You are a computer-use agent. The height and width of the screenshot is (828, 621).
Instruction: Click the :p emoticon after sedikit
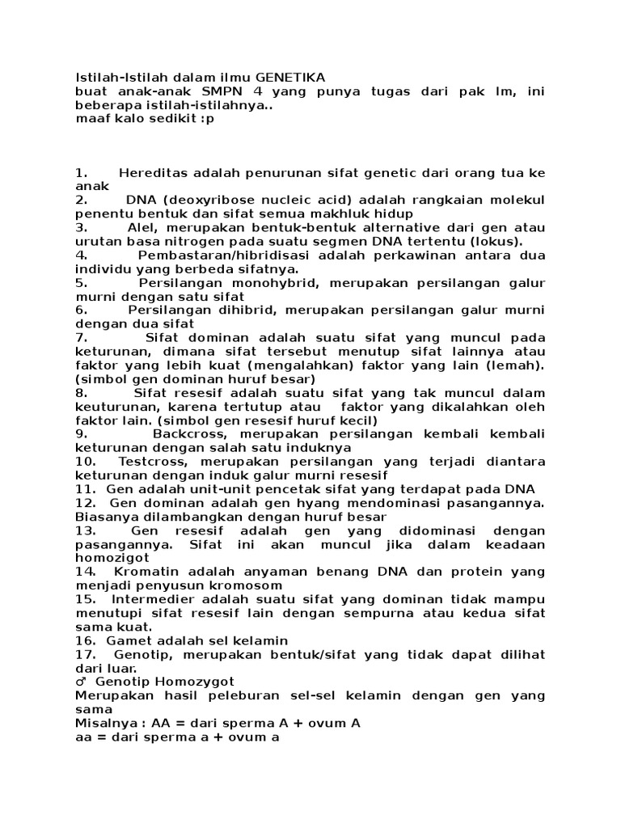point(207,118)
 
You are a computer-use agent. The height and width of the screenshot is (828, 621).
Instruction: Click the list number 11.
point(86,490)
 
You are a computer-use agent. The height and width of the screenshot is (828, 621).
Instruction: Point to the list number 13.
point(86,530)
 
